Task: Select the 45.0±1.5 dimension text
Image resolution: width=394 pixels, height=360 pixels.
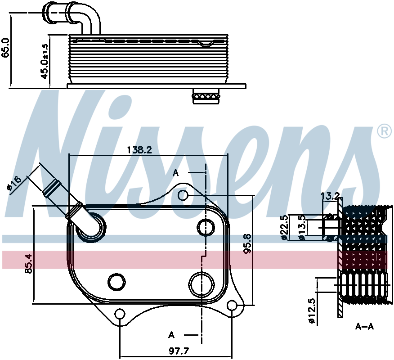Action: click(x=44, y=62)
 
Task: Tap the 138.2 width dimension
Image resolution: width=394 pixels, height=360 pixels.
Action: click(x=139, y=150)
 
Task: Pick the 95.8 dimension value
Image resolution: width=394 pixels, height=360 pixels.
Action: click(x=247, y=243)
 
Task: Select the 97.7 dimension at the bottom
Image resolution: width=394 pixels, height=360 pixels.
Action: click(x=179, y=351)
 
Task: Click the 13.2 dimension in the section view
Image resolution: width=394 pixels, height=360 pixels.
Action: click(x=331, y=196)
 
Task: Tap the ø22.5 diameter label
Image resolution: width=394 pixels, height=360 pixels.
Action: click(x=284, y=228)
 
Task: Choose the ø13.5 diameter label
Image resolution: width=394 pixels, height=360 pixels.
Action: click(x=302, y=228)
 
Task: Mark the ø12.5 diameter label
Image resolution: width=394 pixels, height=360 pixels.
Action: click(x=312, y=311)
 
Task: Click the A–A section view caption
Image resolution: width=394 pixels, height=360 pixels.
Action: click(x=365, y=327)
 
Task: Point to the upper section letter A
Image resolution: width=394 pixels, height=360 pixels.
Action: click(x=176, y=173)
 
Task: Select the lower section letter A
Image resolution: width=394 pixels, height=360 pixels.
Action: click(x=171, y=335)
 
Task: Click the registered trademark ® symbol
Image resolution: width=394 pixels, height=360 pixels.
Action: click(x=385, y=131)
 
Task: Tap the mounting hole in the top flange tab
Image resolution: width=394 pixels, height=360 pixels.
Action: click(x=183, y=195)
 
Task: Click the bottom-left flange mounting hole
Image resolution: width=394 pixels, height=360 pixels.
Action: click(x=120, y=314)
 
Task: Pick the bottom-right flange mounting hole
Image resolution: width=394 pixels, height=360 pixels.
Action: click(x=232, y=305)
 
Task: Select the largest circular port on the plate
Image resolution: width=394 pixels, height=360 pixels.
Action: click(x=201, y=284)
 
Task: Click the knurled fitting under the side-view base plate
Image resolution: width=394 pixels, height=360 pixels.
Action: click(x=206, y=96)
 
